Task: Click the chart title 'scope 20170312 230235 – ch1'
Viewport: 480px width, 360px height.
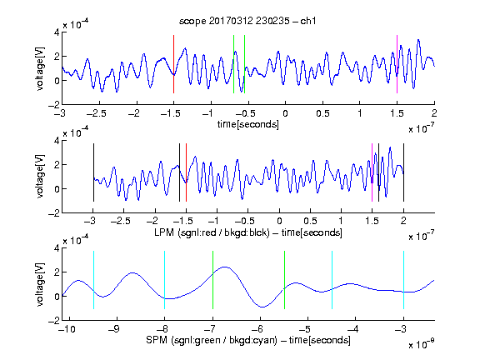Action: click(x=247, y=21)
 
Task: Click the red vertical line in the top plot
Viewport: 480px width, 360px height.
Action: click(x=173, y=64)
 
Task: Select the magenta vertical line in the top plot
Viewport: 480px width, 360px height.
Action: click(x=397, y=64)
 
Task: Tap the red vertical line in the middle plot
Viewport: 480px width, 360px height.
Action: click(x=186, y=172)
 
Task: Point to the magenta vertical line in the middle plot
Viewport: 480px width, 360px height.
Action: click(x=372, y=172)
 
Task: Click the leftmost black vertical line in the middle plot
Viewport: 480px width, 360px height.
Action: click(x=93, y=172)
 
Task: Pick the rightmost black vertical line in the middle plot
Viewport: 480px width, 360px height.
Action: click(x=403, y=172)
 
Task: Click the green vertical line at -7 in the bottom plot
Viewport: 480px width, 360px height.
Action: click(x=212, y=280)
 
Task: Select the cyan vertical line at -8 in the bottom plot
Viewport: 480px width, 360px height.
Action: click(x=165, y=280)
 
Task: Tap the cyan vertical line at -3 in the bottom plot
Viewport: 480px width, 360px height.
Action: click(x=403, y=280)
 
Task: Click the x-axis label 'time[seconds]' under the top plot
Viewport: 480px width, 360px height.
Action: click(x=248, y=124)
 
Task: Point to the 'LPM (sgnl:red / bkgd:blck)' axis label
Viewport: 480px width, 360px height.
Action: click(x=212, y=232)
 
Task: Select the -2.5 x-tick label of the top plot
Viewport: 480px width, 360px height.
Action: click(x=96, y=113)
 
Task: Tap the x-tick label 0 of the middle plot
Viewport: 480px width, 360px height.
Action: click(x=279, y=221)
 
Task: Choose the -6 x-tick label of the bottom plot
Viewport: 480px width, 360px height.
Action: click(x=257, y=329)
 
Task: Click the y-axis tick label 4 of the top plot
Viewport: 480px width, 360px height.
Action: click(x=57, y=32)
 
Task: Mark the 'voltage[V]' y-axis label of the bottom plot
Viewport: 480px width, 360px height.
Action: click(x=40, y=284)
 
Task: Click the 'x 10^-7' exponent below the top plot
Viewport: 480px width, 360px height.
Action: click(x=421, y=128)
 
